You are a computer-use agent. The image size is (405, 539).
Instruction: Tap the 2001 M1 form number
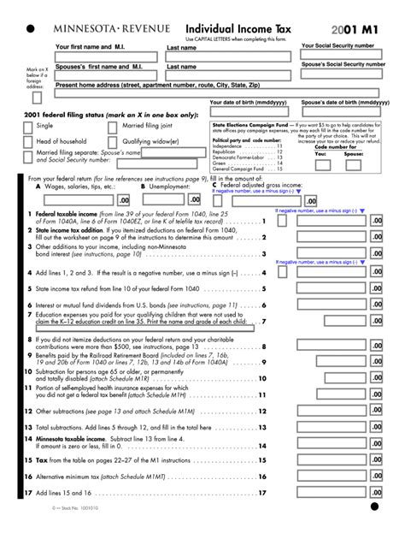[x=350, y=28]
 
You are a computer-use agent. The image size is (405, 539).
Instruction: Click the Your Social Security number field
[x=344, y=56]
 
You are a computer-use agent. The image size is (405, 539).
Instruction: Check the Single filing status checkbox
[x=27, y=127]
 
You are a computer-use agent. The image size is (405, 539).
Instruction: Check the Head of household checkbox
[x=27, y=142]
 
